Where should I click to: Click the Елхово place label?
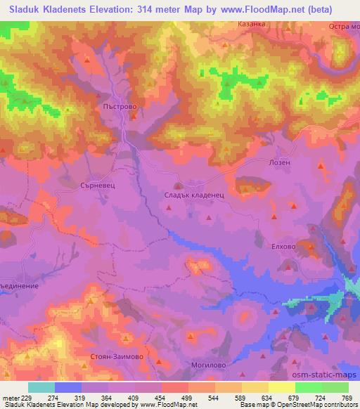(x=292, y=247)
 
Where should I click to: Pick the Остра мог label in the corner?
(x=343, y=26)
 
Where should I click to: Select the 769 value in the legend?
(x=347, y=398)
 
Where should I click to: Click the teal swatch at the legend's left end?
(x=41, y=387)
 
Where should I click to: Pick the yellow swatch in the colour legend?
(x=281, y=387)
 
